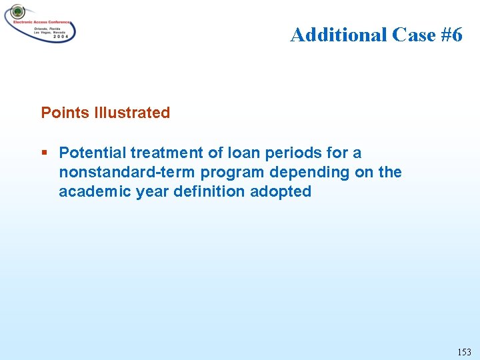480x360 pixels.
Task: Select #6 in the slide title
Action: click(447, 35)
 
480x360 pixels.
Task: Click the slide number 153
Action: click(464, 351)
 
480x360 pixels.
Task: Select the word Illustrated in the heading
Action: click(133, 113)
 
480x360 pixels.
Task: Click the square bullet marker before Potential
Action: click(45, 153)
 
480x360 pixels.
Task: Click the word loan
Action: click(231, 153)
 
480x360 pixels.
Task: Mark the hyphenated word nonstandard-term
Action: click(127, 172)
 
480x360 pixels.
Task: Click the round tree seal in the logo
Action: click(17, 12)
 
